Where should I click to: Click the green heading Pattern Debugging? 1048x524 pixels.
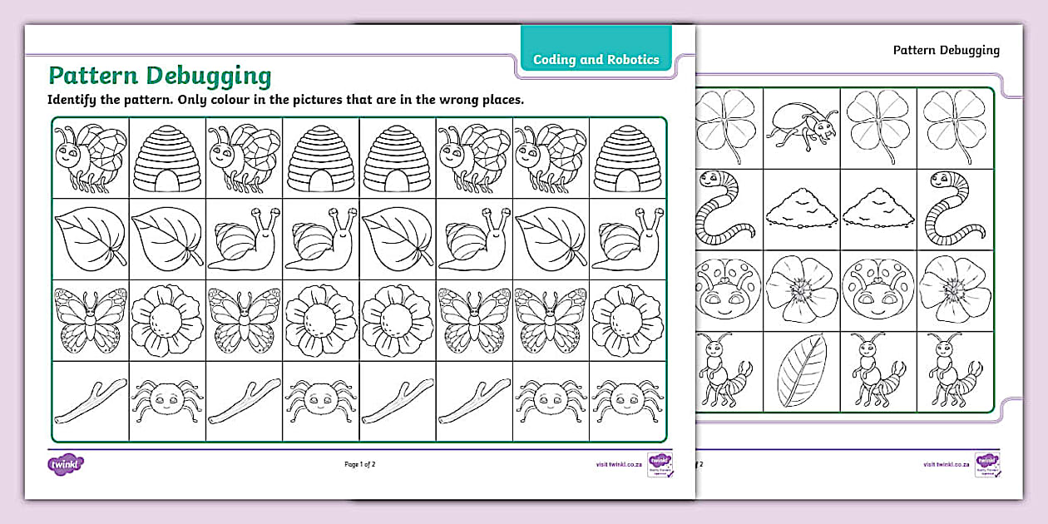click(160, 76)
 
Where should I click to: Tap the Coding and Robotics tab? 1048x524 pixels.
click(596, 59)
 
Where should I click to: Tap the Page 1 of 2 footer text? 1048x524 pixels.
click(359, 464)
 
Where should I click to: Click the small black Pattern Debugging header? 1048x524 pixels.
click(946, 50)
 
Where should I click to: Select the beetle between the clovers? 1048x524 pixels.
click(802, 126)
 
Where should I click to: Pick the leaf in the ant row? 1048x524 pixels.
click(802, 371)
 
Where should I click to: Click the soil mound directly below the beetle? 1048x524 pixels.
click(802, 209)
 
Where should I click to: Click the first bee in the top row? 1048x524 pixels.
click(90, 155)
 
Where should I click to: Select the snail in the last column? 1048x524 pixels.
click(627, 238)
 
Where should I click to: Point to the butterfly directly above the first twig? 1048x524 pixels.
click(90, 319)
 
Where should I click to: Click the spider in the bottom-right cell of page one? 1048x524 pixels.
click(627, 399)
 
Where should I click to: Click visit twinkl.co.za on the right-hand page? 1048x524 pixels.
click(946, 464)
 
